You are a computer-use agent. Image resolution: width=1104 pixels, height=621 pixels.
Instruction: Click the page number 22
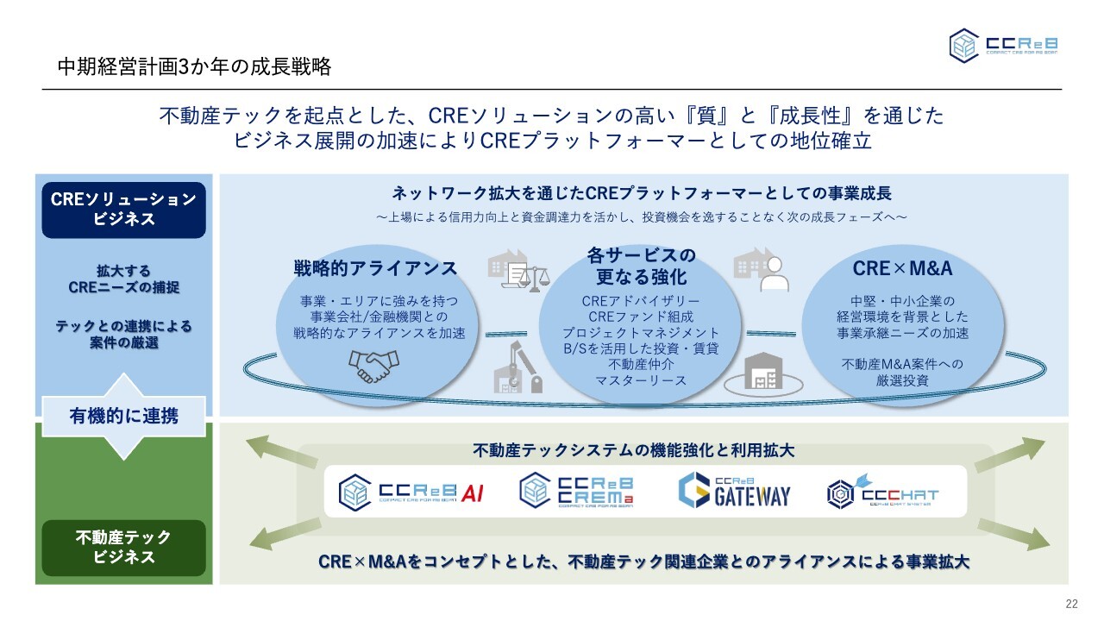[x=1072, y=604]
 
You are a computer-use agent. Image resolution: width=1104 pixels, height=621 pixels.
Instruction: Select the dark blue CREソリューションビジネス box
[x=124, y=210]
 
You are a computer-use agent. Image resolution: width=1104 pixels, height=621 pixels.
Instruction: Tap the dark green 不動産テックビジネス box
[x=124, y=548]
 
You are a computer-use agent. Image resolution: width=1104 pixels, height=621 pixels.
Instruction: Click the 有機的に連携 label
[x=124, y=417]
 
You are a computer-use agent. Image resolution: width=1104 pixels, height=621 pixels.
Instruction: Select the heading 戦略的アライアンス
[x=375, y=268]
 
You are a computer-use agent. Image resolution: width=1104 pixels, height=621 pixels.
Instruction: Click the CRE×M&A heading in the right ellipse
[x=902, y=268]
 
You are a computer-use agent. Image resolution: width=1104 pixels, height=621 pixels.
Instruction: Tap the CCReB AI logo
[x=411, y=492]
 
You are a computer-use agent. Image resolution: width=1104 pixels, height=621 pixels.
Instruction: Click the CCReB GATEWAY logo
[x=734, y=491]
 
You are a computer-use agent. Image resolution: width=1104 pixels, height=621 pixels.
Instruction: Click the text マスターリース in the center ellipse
[x=640, y=379]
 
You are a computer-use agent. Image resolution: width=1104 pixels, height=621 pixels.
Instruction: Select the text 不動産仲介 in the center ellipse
[x=640, y=364]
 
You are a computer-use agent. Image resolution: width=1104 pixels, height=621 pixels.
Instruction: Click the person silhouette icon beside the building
[x=774, y=274]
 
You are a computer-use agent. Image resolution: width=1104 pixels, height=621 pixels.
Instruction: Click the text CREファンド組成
[x=640, y=317]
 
